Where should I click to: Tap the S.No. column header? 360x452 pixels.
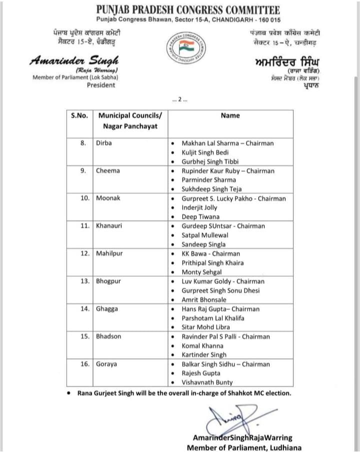click(79, 115)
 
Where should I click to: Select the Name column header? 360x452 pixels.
click(230, 115)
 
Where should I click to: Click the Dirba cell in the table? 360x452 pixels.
click(104, 143)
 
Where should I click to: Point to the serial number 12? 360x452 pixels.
click(83, 254)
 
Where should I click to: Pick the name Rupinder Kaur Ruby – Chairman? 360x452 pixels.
click(228, 171)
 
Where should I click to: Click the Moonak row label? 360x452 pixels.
click(108, 198)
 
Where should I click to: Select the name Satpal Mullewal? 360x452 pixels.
click(205, 235)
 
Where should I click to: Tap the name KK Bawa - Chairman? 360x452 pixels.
click(210, 254)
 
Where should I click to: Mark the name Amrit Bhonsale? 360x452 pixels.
click(204, 299)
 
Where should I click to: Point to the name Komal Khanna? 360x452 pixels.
click(203, 346)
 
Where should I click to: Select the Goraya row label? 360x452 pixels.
click(106, 364)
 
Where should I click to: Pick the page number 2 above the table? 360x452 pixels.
click(179, 99)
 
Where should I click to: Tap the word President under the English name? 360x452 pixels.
click(101, 85)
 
